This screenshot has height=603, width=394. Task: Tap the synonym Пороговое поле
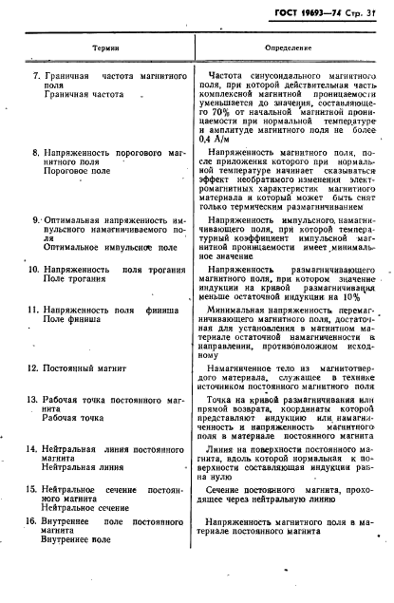(78, 174)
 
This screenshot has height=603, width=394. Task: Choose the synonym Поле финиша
(71, 321)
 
